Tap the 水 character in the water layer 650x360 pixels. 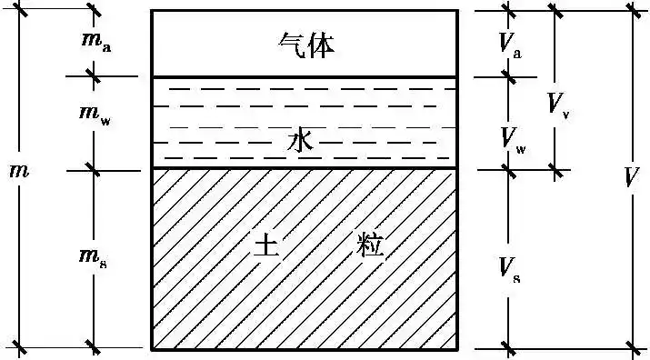(x=301, y=142)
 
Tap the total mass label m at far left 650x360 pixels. (x=17, y=170)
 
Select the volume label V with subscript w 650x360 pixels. (x=512, y=139)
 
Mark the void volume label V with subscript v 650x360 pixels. (x=557, y=103)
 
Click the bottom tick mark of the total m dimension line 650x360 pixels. (x=20, y=347)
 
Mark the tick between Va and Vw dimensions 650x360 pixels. (x=509, y=77)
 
